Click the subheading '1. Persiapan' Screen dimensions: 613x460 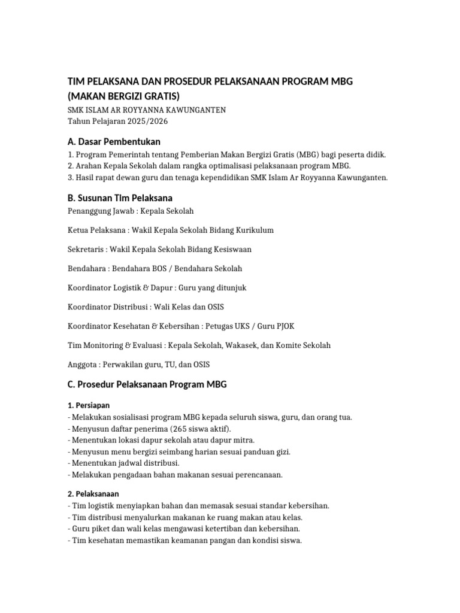coord(89,405)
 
